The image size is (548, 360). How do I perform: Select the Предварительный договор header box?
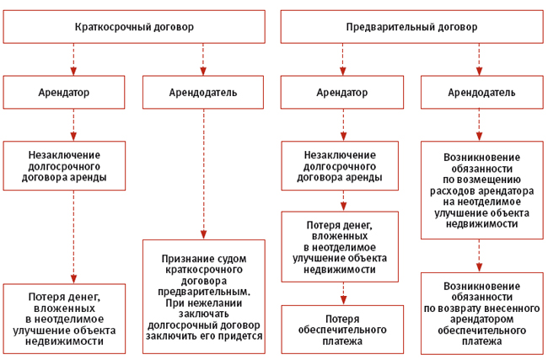pos(411,27)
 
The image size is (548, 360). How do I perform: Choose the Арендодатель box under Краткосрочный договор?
pos(203,92)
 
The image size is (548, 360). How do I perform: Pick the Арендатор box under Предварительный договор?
pos(342,92)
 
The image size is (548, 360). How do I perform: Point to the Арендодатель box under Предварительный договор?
pos(481,92)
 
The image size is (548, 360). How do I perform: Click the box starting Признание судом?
pos(203,295)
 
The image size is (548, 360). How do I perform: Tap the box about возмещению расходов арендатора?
pos(481,190)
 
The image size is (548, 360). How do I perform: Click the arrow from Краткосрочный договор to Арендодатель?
pos(203,60)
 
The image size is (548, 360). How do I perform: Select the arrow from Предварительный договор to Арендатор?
pos(342,60)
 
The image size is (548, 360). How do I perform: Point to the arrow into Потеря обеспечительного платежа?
pos(342,293)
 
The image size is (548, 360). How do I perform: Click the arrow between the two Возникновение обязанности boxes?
pos(481,255)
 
